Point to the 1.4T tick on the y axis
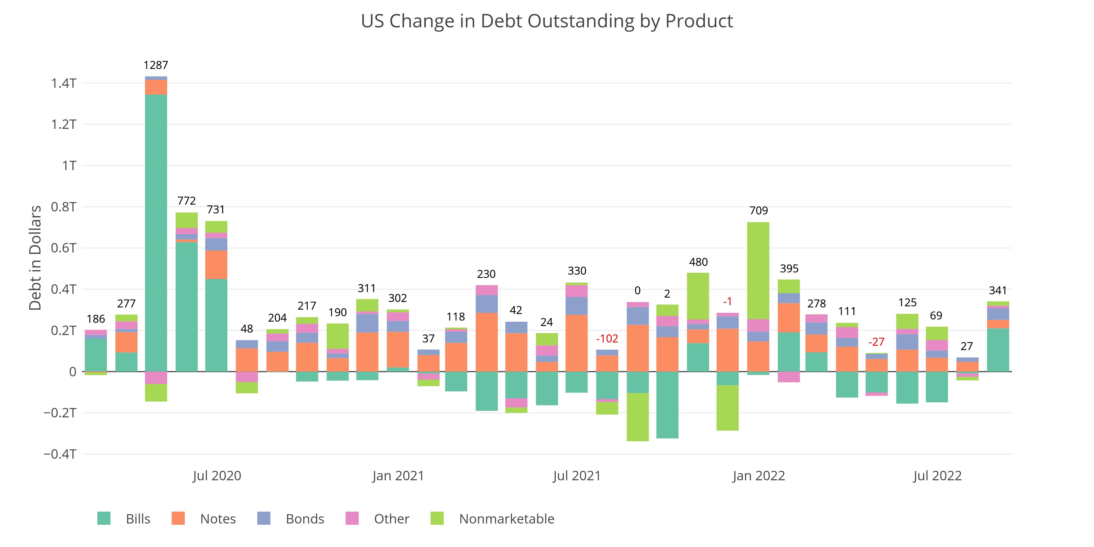(x=64, y=83)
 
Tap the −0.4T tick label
(x=60, y=454)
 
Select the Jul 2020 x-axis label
(x=217, y=476)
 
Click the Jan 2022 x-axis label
(x=758, y=476)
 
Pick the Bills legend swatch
(x=104, y=519)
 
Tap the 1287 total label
(x=156, y=65)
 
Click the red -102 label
(x=607, y=339)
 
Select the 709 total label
(x=758, y=211)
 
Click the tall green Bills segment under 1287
(x=156, y=234)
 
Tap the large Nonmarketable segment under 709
(x=758, y=270)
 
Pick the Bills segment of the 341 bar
(x=998, y=350)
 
